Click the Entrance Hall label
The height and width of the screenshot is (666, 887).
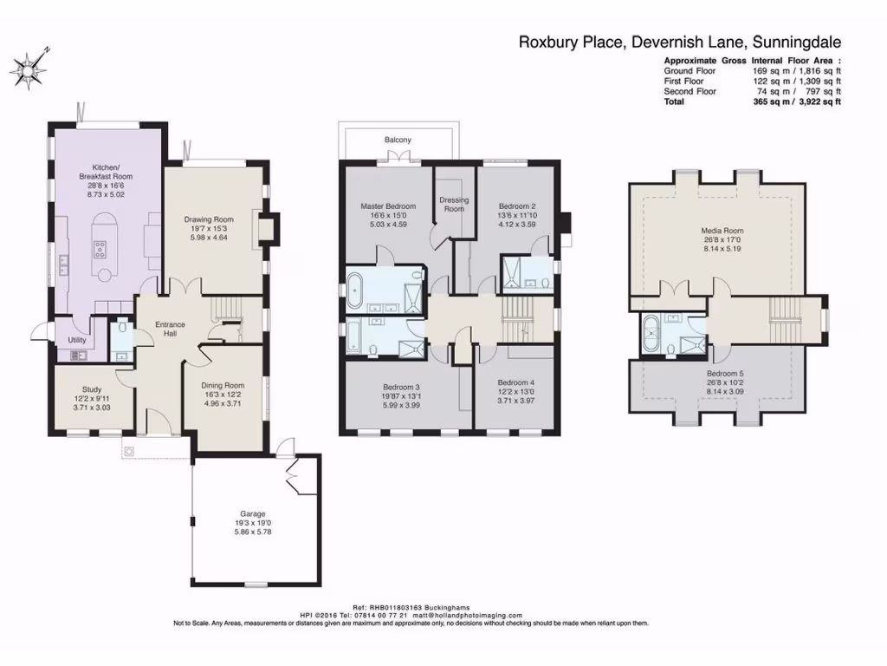tap(171, 329)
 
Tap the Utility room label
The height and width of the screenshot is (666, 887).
tap(77, 340)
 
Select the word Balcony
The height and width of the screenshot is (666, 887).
tap(398, 140)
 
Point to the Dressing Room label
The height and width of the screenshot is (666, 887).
tap(454, 204)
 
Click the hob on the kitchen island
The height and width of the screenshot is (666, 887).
tap(100, 249)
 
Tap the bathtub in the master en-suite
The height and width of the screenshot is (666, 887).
tap(354, 291)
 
